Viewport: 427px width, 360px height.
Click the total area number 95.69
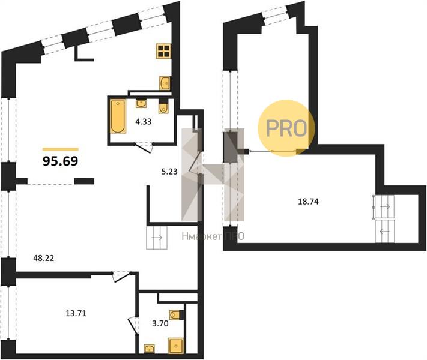(x=61, y=161)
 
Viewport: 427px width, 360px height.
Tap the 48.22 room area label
(x=44, y=258)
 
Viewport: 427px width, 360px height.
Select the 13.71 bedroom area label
(x=76, y=313)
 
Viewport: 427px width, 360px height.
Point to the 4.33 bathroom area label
(x=144, y=122)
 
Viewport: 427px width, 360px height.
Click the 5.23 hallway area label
(x=169, y=172)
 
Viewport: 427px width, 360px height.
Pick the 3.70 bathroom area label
(x=160, y=323)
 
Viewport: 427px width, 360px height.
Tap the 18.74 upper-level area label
(x=308, y=202)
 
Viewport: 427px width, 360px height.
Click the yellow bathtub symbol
(x=118, y=116)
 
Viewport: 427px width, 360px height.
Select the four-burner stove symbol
(x=163, y=51)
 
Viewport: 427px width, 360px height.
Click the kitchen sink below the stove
(x=165, y=83)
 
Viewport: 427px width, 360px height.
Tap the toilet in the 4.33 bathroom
(x=163, y=107)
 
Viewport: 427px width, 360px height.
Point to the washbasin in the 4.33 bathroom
(x=141, y=103)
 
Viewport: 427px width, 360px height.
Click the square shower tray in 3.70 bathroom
(x=176, y=346)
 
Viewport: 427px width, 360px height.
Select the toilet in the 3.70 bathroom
(x=175, y=315)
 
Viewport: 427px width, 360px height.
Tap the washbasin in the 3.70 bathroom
(x=149, y=349)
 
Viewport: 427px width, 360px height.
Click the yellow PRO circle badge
(x=286, y=128)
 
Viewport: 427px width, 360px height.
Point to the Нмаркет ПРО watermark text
(x=213, y=237)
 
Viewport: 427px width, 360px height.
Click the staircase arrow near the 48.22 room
(x=157, y=238)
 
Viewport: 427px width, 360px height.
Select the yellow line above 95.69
(x=61, y=149)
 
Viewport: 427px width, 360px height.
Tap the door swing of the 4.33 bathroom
(x=144, y=148)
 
